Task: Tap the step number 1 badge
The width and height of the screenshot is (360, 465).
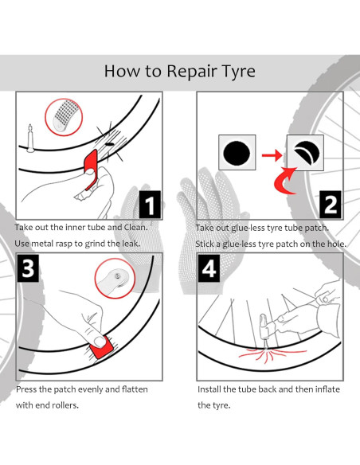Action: [150, 205]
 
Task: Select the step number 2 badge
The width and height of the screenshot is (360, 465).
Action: [331, 205]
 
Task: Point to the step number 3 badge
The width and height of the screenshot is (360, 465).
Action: [28, 268]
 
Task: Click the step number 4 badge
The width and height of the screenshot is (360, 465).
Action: [209, 268]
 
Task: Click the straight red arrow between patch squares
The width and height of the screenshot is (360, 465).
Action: [272, 154]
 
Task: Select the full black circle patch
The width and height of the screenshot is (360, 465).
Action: [237, 154]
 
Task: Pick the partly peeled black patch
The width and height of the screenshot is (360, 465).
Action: [306, 152]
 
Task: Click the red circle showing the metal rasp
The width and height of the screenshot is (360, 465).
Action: [64, 117]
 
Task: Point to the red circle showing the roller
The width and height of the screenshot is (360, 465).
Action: [115, 279]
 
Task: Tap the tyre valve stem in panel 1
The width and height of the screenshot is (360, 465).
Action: [30, 139]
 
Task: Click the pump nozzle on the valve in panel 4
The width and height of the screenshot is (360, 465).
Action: [264, 328]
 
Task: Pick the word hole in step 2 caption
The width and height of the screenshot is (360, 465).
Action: [336, 244]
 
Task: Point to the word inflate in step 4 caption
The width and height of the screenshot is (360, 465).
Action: [327, 389]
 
